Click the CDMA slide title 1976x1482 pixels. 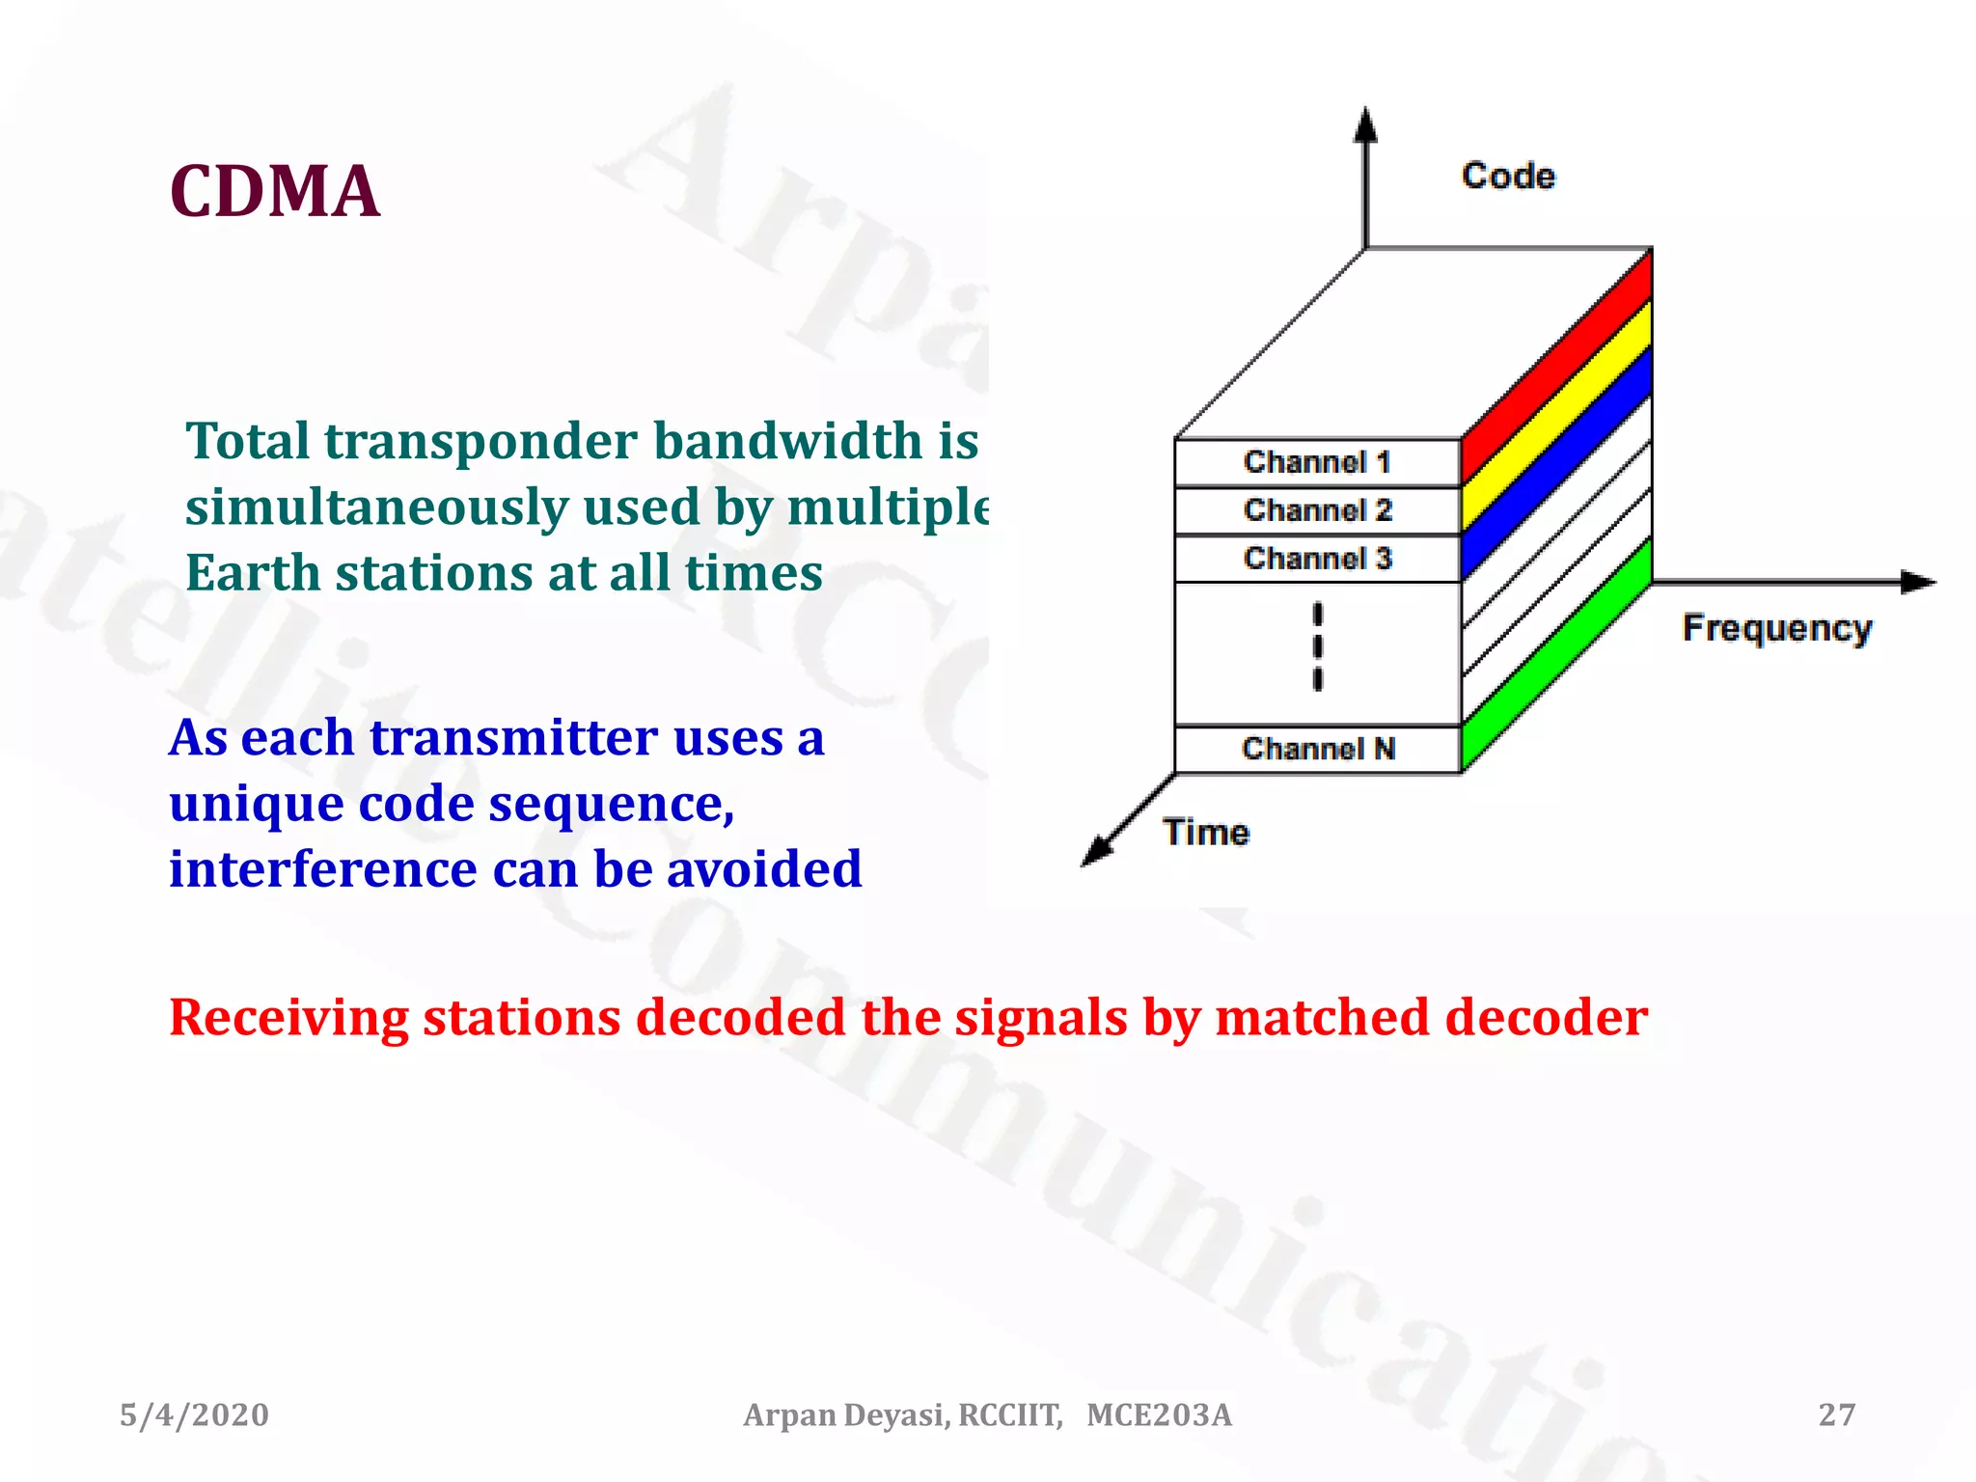coord(274,191)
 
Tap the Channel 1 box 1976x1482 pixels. coord(1317,462)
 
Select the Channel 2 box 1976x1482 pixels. coord(1317,510)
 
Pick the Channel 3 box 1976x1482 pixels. coord(1317,559)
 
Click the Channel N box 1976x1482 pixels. coord(1317,749)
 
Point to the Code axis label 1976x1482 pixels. coord(1508,176)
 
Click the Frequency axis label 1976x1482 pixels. coord(1776,628)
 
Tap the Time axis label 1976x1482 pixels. coord(1205,832)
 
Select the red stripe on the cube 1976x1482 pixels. coord(1556,367)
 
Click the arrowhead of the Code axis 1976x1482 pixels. coord(1364,125)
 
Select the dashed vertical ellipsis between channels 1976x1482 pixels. coord(1317,646)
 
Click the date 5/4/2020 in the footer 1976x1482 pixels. coord(194,1414)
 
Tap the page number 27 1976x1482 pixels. coord(1836,1414)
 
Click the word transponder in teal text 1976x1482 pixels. coord(480,441)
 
